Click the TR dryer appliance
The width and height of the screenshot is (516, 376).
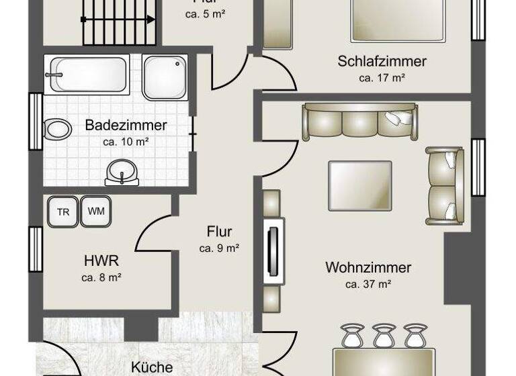[x=63, y=212]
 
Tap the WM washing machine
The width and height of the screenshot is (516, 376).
[x=96, y=211]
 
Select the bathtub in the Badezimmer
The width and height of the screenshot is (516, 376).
[x=85, y=74]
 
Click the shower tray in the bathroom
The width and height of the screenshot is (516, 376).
[x=165, y=77]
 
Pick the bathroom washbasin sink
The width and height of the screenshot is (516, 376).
[x=122, y=173]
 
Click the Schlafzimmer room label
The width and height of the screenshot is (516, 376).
[x=382, y=62]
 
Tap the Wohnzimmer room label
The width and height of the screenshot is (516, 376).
[x=368, y=268]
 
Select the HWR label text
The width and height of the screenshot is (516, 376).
[x=101, y=261]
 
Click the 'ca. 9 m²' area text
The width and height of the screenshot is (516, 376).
[x=220, y=248]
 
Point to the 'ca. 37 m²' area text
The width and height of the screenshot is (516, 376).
[x=368, y=284]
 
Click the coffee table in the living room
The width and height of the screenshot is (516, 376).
[x=359, y=185]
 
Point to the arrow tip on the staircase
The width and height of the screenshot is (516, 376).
[x=153, y=19]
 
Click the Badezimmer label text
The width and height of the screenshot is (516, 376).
[x=126, y=125]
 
